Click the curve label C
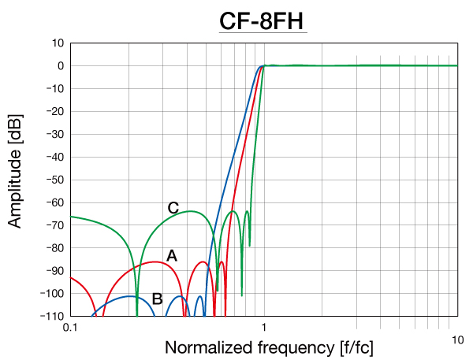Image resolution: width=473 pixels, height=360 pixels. pyautogui.click(x=173, y=208)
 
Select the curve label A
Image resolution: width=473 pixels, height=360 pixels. pyautogui.click(x=172, y=256)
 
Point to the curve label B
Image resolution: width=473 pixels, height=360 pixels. pyautogui.click(x=157, y=299)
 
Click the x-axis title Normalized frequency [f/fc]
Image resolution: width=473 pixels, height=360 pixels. pyautogui.click(x=269, y=347)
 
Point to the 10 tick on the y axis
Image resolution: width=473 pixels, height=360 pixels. pyautogui.click(x=57, y=43)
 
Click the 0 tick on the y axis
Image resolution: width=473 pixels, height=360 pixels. pyautogui.click(x=60, y=65)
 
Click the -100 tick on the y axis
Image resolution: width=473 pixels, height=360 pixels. pyautogui.click(x=52, y=293)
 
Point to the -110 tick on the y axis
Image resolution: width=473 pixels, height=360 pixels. pyautogui.click(x=52, y=316)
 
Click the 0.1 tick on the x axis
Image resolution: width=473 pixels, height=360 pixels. pyautogui.click(x=70, y=327)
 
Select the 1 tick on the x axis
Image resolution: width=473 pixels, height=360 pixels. pyautogui.click(x=264, y=327)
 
